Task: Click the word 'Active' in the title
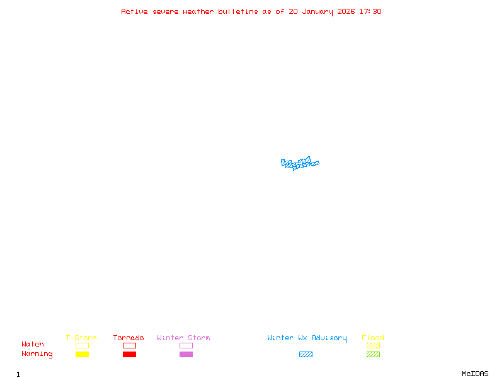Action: pyautogui.click(x=134, y=11)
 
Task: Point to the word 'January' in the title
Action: pyautogui.click(x=318, y=12)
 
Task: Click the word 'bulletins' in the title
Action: pyautogui.click(x=238, y=11)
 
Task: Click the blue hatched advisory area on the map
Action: pyautogui.click(x=300, y=163)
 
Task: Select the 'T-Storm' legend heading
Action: pyautogui.click(x=81, y=338)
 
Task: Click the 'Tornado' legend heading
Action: pyautogui.click(x=129, y=338)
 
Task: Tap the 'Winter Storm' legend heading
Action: pyautogui.click(x=183, y=338)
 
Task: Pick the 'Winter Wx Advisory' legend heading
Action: pyautogui.click(x=307, y=338)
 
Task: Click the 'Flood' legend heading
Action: pyautogui.click(x=373, y=338)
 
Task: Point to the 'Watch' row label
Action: pyautogui.click(x=33, y=344)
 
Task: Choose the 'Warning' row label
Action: pyautogui.click(x=37, y=354)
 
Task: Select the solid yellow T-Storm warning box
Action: pyautogui.click(x=83, y=354)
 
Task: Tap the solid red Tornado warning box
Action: pyautogui.click(x=130, y=354)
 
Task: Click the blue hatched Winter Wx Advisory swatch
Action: pyautogui.click(x=306, y=354)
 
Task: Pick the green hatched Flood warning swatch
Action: pyautogui.click(x=373, y=354)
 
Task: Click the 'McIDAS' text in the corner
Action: pyautogui.click(x=475, y=374)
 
